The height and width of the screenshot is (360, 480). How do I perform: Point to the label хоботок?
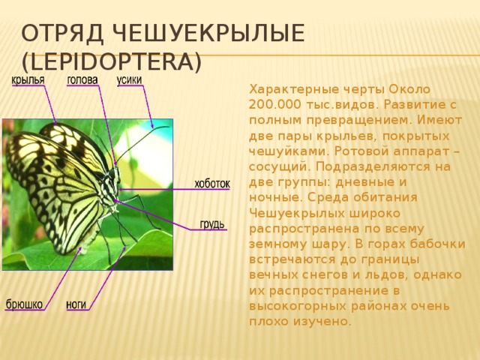click(x=212, y=184)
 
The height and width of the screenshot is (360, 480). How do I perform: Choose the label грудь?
click(x=211, y=224)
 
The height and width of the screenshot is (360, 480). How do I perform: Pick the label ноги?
click(x=76, y=304)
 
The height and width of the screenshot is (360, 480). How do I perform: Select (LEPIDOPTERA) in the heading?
click(x=110, y=61)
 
